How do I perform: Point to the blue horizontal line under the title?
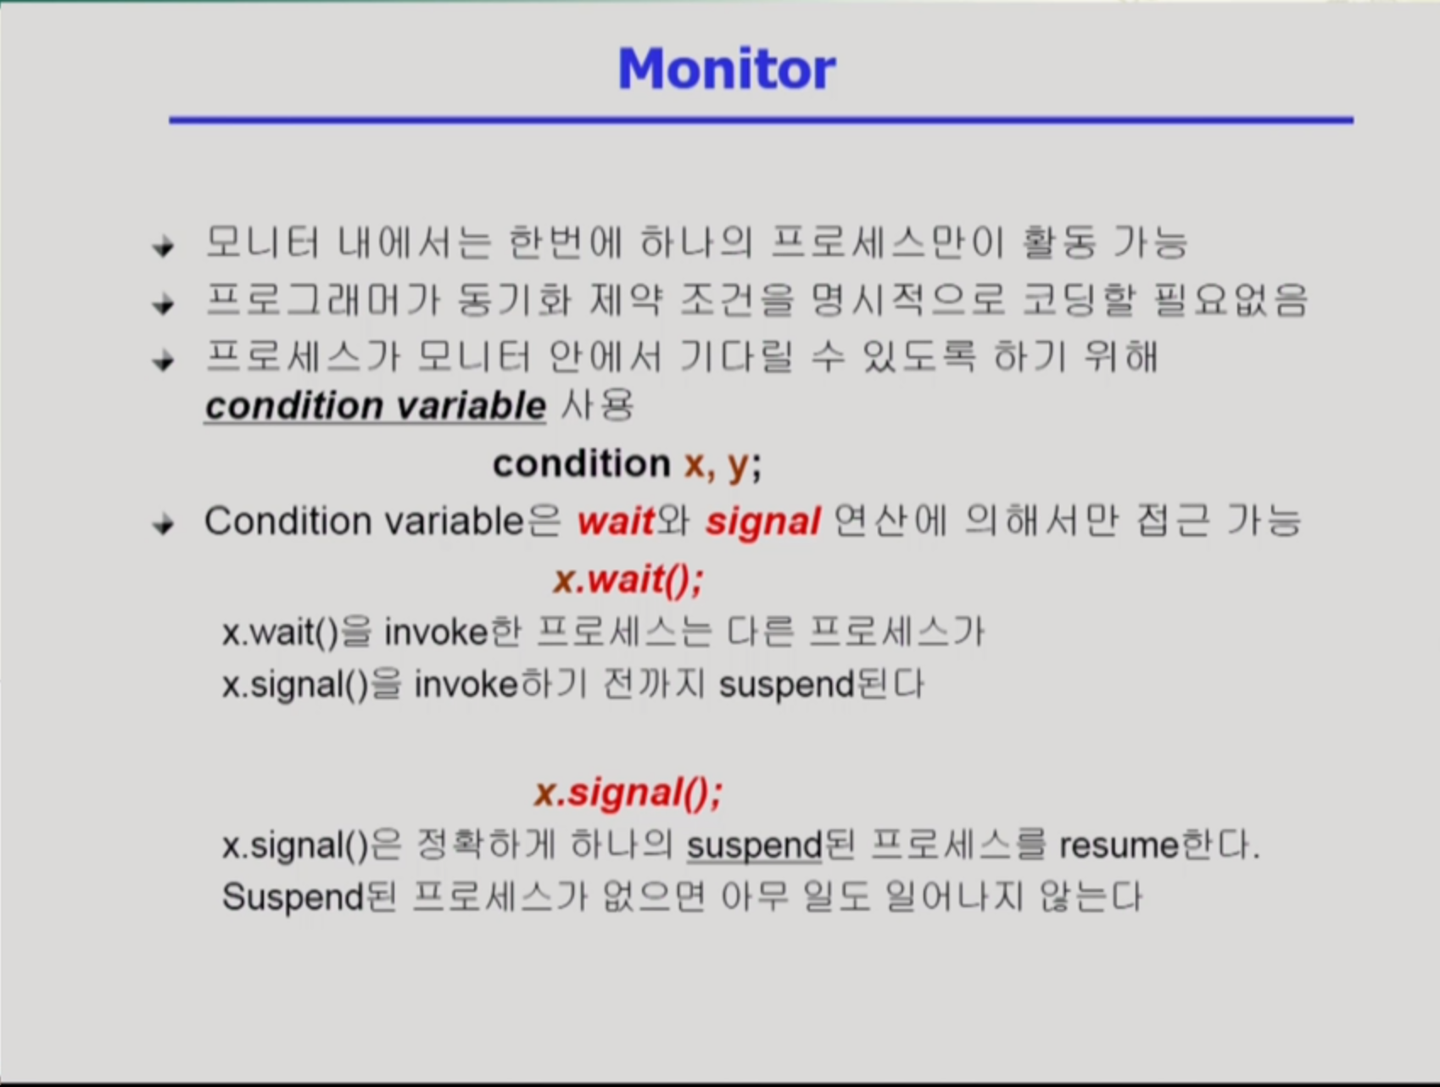761,120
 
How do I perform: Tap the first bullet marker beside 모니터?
163,247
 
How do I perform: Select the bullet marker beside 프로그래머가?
163,304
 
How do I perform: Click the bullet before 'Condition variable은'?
163,525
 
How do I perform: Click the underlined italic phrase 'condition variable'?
375,406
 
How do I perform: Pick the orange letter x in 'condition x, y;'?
694,464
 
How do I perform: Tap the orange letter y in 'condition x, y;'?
738,465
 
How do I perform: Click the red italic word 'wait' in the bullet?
616,521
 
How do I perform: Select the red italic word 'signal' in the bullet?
763,522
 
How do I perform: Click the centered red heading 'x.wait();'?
628,579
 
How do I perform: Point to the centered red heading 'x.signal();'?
628,792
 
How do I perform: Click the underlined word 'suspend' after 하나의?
755,846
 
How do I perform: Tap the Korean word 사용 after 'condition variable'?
597,405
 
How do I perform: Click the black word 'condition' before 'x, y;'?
582,464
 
